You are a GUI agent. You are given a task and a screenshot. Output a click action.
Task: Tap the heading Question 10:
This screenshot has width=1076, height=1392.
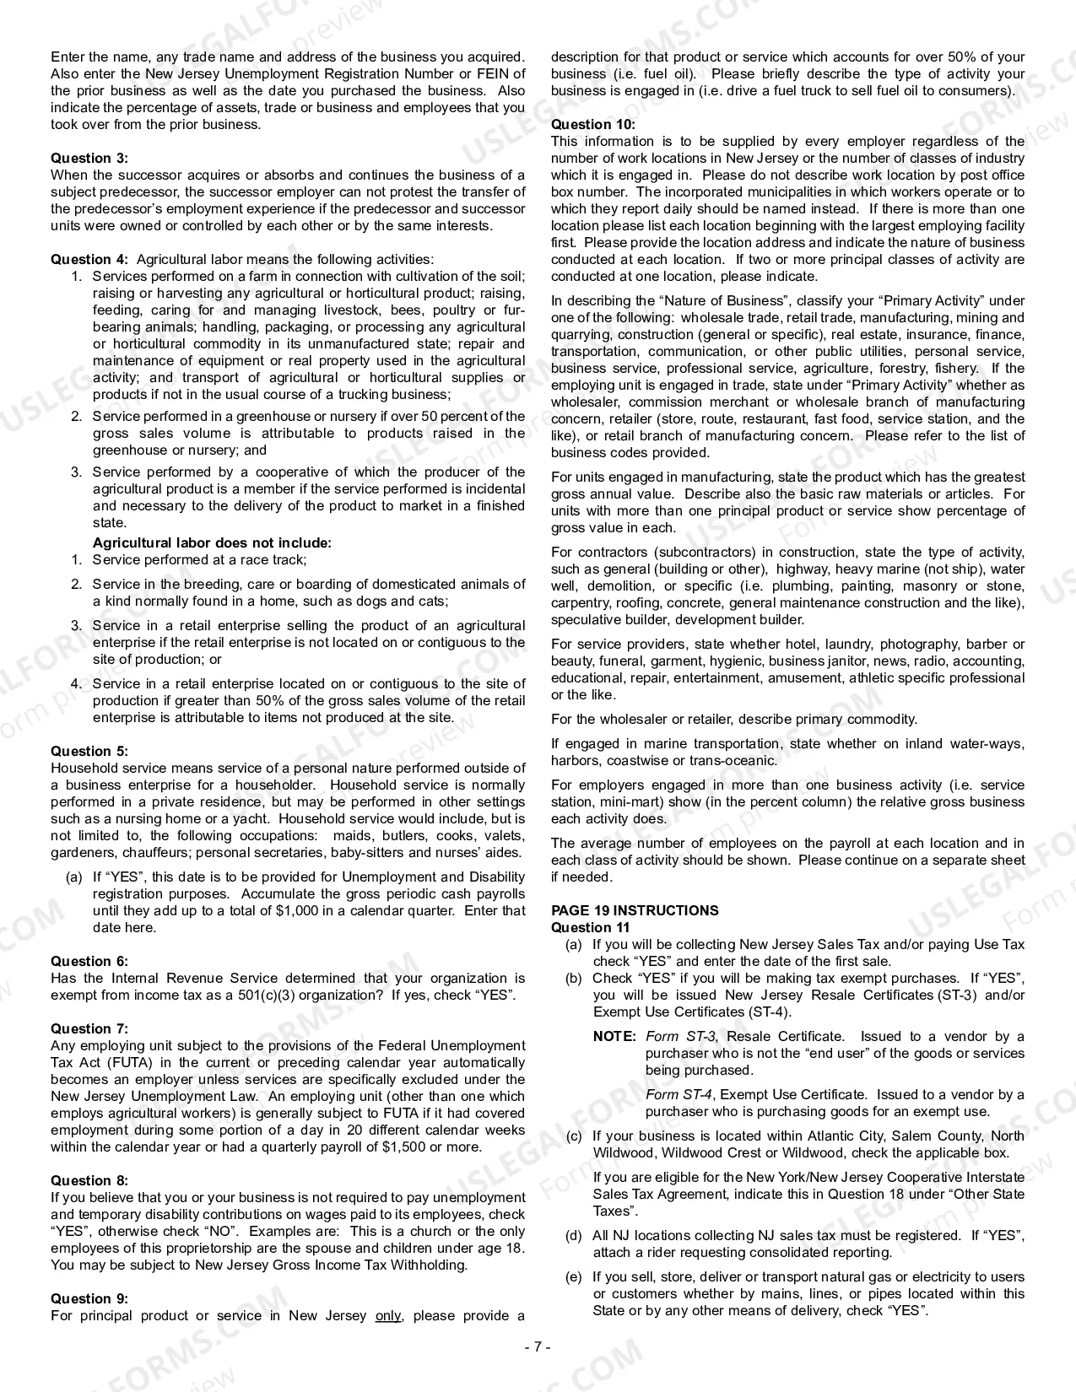point(592,124)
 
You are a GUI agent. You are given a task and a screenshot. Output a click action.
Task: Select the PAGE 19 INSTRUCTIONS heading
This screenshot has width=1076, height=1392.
point(635,910)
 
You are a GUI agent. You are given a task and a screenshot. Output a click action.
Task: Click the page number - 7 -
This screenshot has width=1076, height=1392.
point(538,1346)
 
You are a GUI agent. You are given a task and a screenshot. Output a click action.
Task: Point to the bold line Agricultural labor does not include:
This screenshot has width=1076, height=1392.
point(212,542)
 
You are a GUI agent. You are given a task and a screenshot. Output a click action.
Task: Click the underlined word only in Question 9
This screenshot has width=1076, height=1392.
point(388,1315)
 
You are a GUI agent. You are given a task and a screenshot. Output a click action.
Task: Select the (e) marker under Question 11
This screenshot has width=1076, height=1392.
point(574,1276)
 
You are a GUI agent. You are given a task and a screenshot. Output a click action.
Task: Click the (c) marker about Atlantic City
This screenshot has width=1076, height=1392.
point(574,1136)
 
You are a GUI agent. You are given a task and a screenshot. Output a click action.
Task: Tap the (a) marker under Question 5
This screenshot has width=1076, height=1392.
point(74,877)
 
